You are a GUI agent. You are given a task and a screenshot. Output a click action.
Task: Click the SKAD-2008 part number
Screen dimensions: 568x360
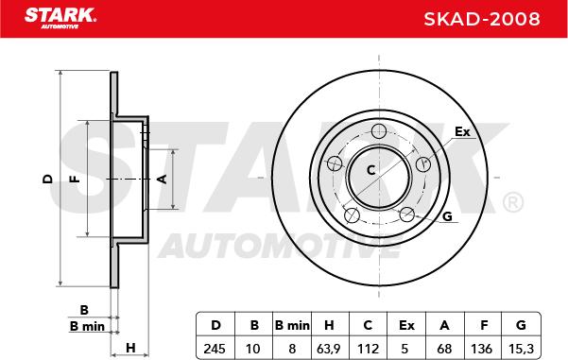click(482, 19)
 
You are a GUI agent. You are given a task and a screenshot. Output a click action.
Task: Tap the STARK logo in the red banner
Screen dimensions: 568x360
click(60, 17)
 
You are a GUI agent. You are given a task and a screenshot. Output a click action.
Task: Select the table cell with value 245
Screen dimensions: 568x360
click(215, 349)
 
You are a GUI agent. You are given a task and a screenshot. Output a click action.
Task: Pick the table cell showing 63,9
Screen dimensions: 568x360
click(328, 349)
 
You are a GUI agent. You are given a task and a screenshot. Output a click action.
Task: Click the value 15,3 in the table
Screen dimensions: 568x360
click(521, 349)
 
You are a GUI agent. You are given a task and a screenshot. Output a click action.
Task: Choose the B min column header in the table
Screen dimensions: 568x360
click(292, 325)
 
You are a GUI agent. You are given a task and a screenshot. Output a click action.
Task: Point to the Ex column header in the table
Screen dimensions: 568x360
click(406, 325)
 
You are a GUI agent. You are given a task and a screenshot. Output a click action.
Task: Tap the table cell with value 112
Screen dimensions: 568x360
click(368, 349)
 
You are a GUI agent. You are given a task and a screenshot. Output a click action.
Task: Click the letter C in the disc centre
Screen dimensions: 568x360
click(370, 170)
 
